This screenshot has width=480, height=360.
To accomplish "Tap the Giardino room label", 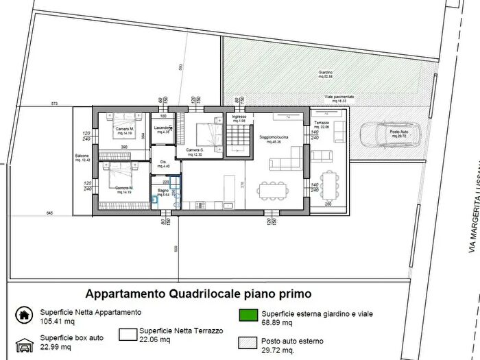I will point(324,73).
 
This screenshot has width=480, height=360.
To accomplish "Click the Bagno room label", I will point(162,192).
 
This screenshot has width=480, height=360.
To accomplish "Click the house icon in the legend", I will point(24,315).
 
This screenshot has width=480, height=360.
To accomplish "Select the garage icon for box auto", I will point(24,342).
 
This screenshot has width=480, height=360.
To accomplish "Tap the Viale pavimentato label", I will point(339,97).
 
